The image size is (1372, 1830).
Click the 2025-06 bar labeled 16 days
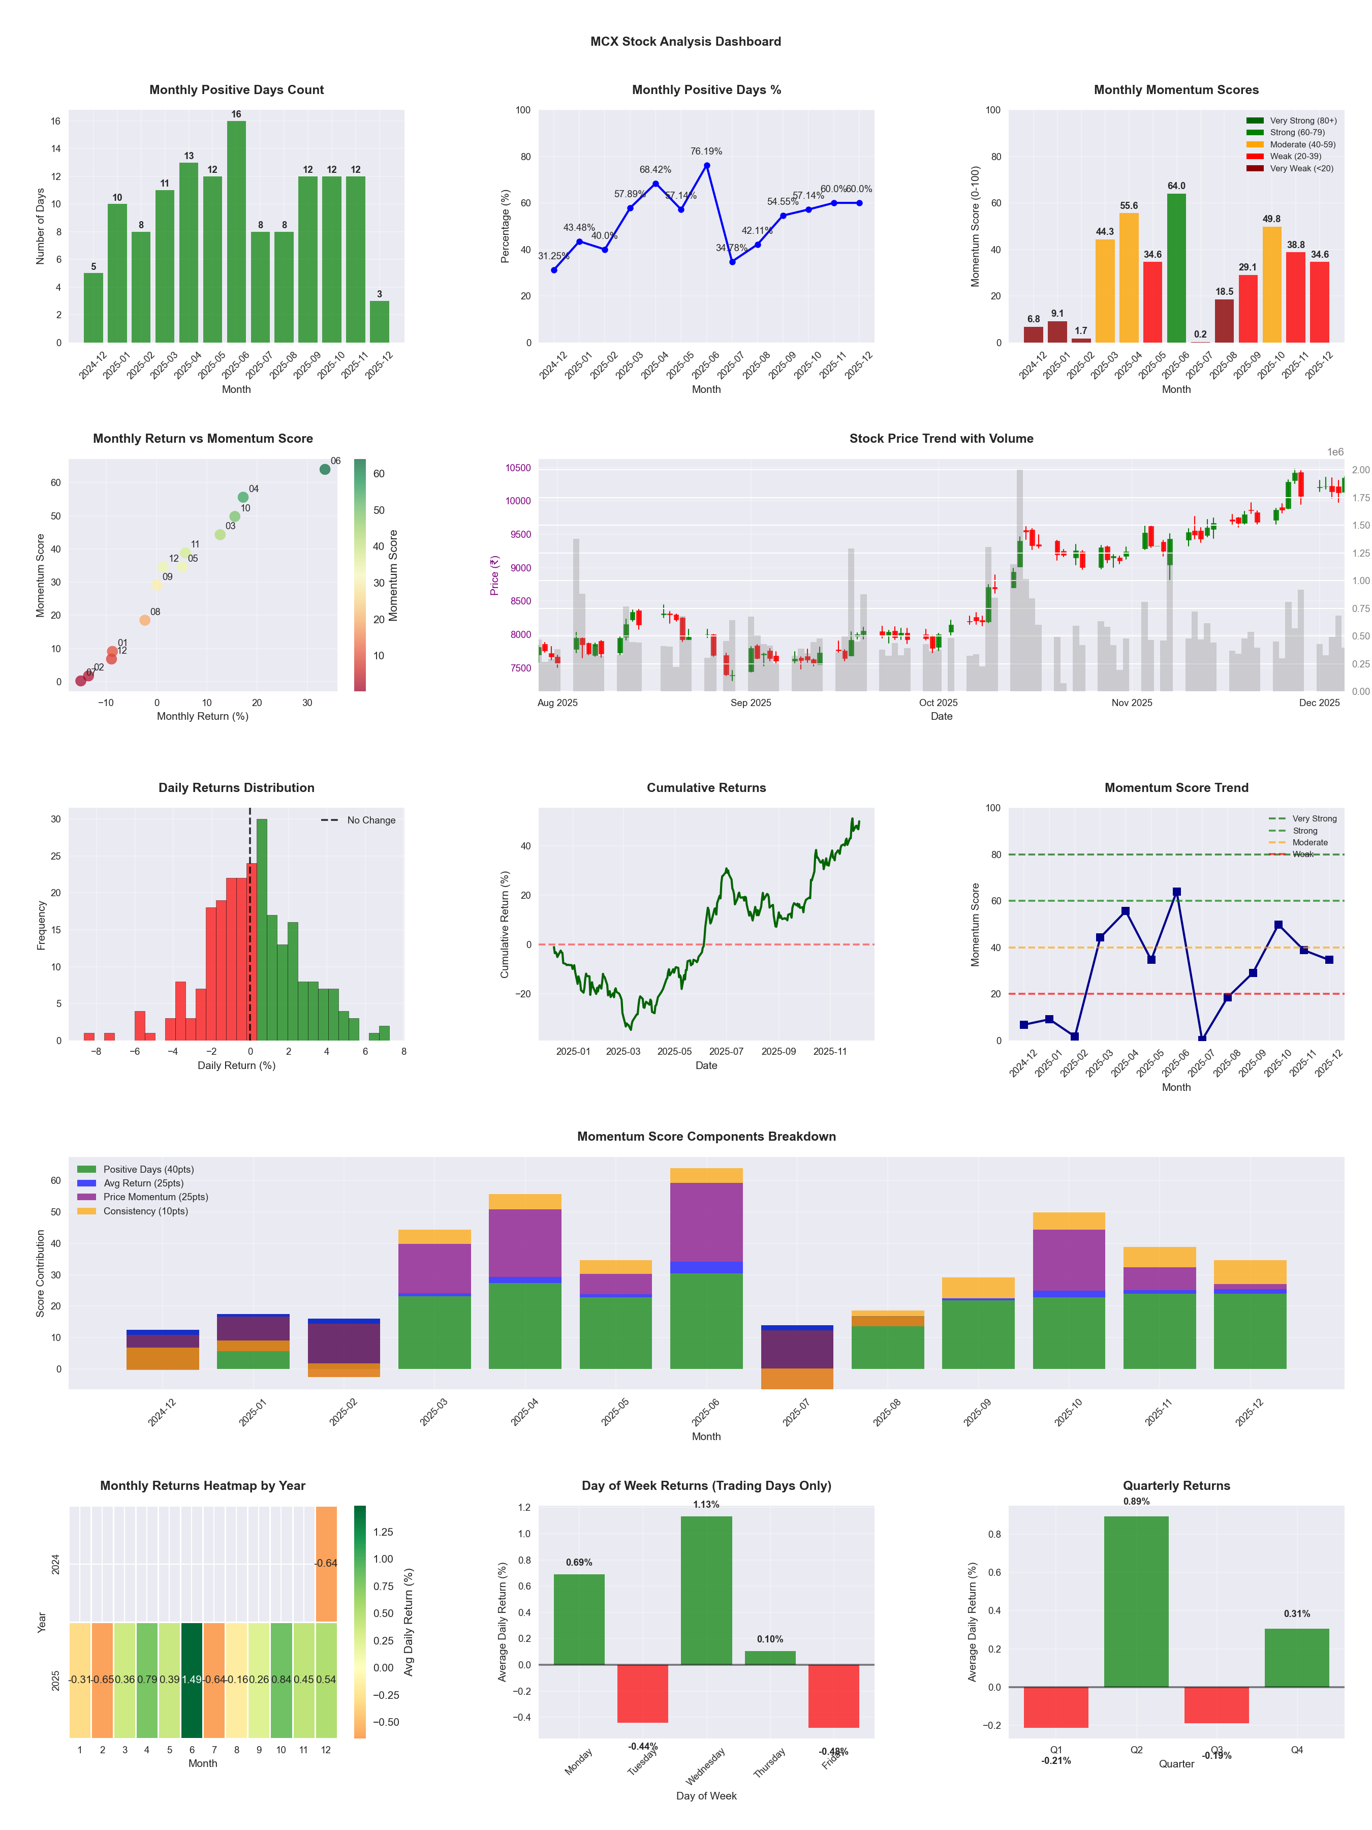coord(236,232)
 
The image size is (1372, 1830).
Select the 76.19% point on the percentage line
coord(706,165)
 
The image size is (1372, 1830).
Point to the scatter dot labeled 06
coord(325,469)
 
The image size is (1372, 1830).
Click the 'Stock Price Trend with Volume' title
coord(941,439)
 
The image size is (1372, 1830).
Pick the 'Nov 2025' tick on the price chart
coord(1131,703)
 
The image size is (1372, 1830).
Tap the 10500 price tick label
coord(518,468)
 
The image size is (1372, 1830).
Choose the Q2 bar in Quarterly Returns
coord(1136,1601)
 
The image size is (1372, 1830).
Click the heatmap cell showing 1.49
coord(192,1680)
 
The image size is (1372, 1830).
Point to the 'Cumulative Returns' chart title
coord(706,787)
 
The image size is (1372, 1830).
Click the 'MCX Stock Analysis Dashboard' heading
coord(685,41)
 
